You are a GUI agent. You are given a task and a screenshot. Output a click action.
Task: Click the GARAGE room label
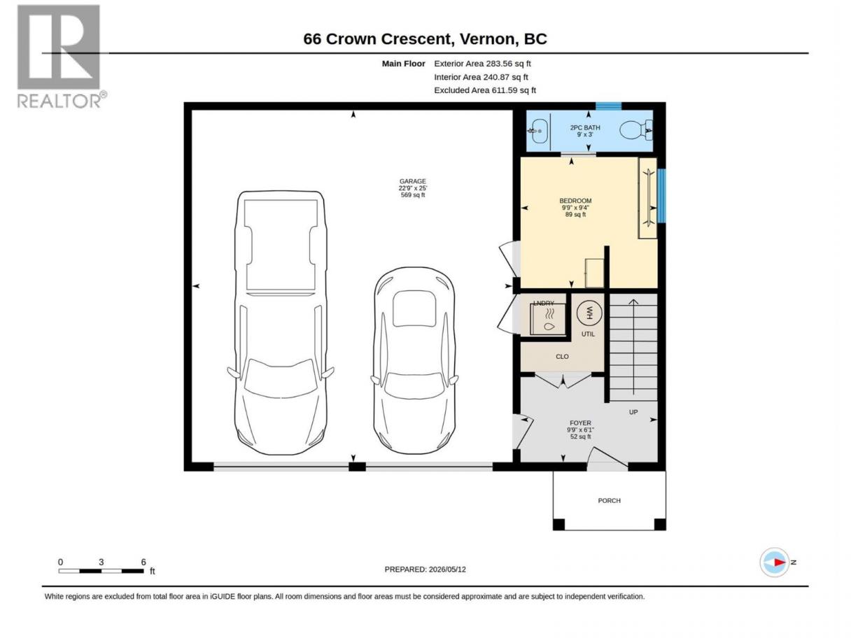tap(412, 181)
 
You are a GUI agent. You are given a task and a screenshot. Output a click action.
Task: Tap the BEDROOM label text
tap(575, 201)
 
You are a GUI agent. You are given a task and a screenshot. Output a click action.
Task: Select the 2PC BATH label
tap(584, 127)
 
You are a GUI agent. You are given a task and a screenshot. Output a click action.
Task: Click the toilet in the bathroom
tap(635, 130)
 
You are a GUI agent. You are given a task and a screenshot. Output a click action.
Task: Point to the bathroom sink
tap(538, 131)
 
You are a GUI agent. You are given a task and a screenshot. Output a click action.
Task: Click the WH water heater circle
tap(589, 313)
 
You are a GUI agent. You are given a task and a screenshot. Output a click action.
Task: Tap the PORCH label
tap(609, 501)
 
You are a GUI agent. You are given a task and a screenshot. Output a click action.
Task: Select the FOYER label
tap(580, 423)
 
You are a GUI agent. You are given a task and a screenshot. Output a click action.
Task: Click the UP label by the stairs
tap(633, 412)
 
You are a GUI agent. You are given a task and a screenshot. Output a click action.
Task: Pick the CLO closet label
tap(562, 356)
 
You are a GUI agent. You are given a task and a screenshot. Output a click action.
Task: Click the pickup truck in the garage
tap(281, 322)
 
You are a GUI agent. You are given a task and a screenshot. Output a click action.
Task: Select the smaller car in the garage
tap(414, 360)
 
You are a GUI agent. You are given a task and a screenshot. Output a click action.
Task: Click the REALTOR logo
tap(61, 57)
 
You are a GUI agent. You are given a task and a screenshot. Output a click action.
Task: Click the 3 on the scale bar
tap(101, 562)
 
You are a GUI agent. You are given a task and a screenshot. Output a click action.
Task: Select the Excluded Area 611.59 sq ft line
tap(484, 90)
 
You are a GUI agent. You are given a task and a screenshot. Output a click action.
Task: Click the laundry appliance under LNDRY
tap(548, 319)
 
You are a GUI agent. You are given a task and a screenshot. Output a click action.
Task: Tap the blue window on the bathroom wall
tap(608, 106)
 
